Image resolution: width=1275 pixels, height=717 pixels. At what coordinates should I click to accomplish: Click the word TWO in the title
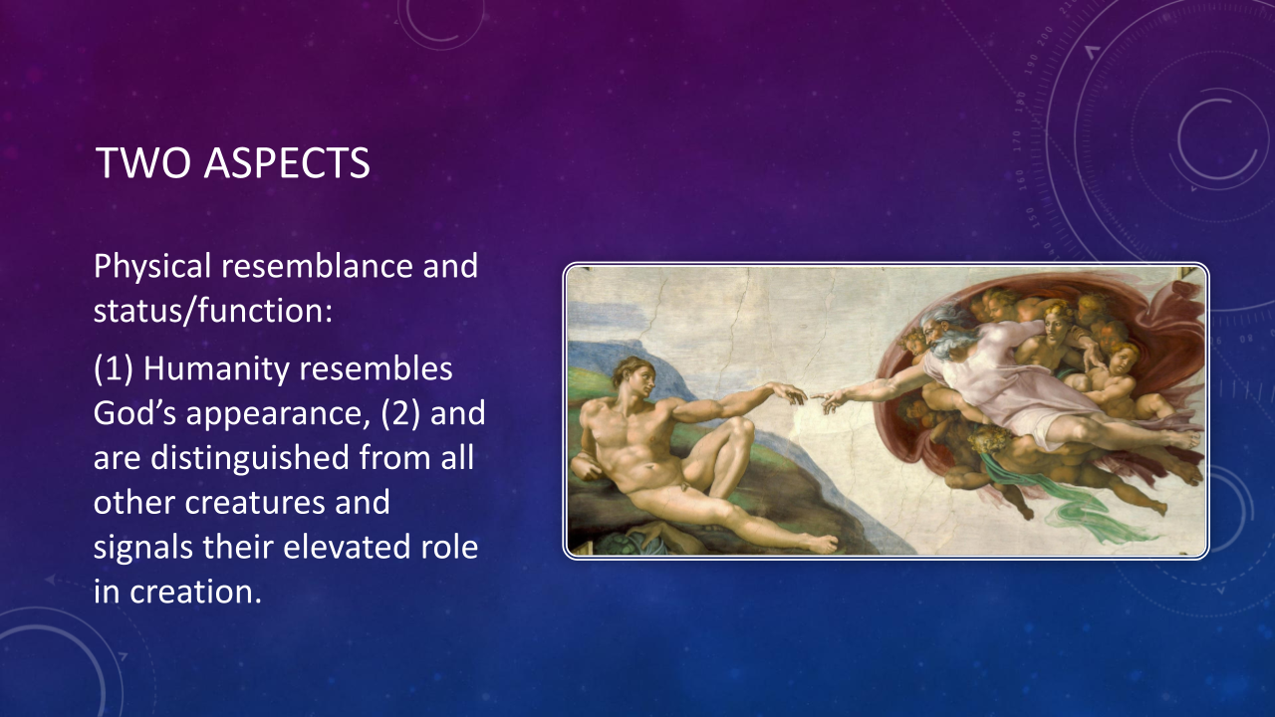tap(144, 163)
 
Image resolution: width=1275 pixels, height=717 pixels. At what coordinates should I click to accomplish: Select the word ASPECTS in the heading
tap(288, 163)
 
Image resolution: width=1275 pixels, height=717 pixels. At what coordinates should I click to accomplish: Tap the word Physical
tap(152, 267)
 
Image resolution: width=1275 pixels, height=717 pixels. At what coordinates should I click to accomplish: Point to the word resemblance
tap(317, 266)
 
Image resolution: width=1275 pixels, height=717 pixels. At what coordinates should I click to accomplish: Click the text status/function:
tap(213, 312)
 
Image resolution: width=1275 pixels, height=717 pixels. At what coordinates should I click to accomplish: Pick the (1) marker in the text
tap(114, 369)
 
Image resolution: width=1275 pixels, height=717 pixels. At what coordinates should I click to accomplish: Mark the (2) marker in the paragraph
tap(400, 413)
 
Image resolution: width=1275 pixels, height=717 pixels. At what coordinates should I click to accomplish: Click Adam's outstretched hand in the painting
tap(788, 393)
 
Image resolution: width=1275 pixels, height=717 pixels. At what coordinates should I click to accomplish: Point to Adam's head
tap(634, 379)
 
